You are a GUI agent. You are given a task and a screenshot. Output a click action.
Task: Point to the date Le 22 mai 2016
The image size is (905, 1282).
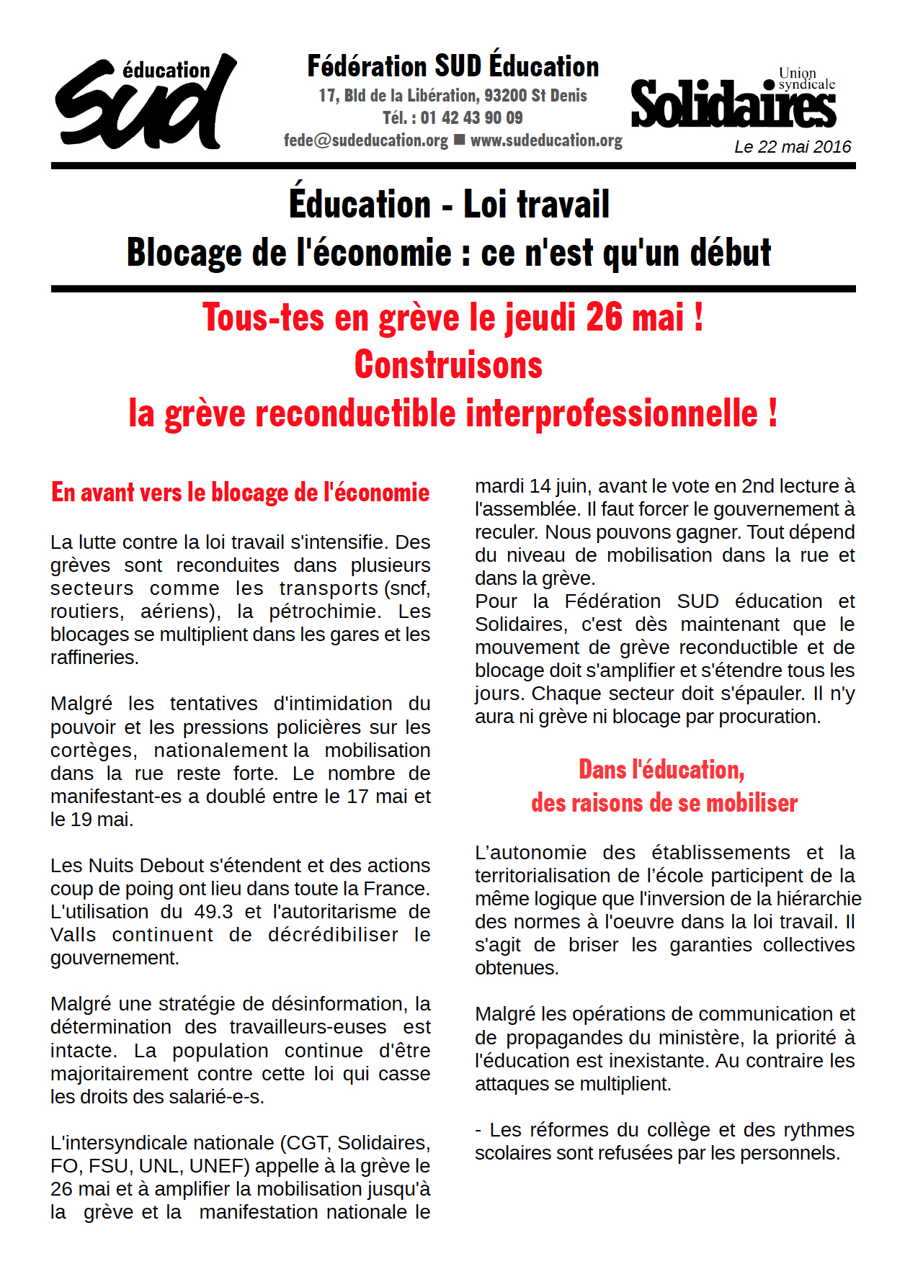[793, 147]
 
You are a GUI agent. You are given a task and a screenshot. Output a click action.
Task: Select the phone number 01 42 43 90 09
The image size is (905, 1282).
[471, 117]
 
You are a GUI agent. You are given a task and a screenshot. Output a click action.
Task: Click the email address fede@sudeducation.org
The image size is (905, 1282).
[366, 140]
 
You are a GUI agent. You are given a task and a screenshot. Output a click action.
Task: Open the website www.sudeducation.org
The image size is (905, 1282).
[546, 140]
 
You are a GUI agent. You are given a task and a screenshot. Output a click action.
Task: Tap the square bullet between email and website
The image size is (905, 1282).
[459, 140]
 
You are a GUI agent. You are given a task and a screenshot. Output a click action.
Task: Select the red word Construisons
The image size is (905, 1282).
[448, 365]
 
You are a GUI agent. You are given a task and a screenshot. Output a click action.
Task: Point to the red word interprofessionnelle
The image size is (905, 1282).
[612, 413]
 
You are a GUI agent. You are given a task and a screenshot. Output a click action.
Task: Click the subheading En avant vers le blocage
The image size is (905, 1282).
[240, 493]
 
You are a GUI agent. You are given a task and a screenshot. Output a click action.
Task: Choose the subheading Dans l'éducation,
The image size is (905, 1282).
[661, 770]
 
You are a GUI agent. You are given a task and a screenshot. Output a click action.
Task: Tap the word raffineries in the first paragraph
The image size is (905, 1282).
[94, 658]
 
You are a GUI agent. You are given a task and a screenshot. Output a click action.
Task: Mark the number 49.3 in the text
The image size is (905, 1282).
[213, 912]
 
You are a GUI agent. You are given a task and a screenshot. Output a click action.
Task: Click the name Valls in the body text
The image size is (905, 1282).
[73, 935]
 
